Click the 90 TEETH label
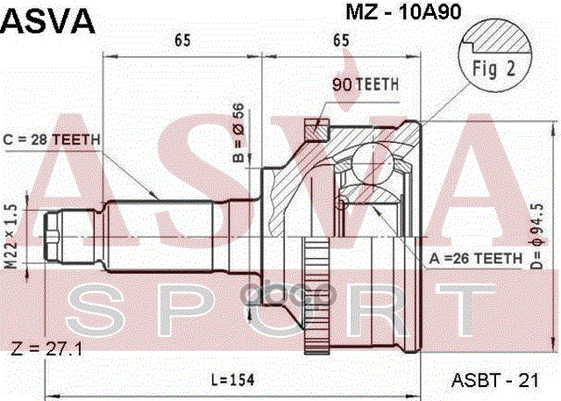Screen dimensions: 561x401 pos(365,85)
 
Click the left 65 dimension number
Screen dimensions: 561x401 pos(182,40)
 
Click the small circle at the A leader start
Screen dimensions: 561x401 pos(343,205)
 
